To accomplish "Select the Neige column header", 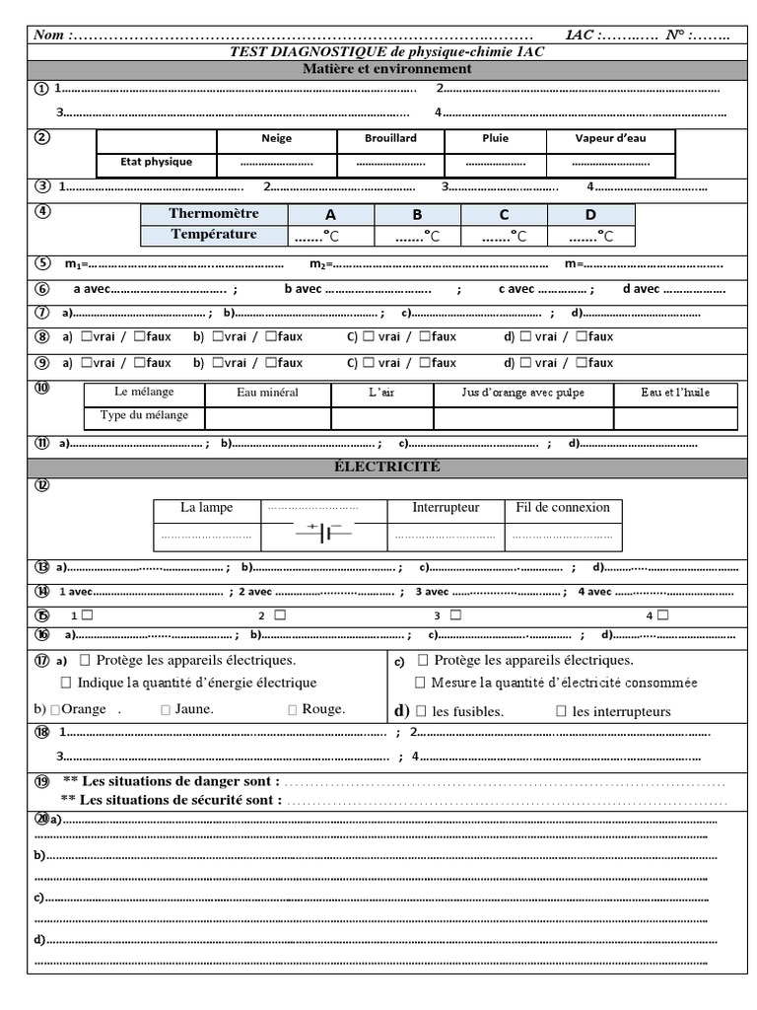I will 277,139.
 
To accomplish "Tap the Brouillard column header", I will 390,139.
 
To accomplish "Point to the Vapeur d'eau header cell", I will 611,139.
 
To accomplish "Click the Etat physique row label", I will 156,162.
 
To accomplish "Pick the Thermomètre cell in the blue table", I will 214,214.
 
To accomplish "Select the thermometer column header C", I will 504,215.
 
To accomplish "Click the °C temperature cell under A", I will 330,236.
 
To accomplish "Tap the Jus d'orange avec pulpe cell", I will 522,393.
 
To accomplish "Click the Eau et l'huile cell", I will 675,393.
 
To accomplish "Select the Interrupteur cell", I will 446,508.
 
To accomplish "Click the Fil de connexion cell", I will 563,508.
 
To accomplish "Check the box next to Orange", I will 55,709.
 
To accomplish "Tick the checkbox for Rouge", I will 293,709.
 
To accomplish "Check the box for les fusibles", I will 421,711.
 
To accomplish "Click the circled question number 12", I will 42,484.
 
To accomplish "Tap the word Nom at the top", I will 48,36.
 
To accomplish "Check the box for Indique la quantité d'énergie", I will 66,683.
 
